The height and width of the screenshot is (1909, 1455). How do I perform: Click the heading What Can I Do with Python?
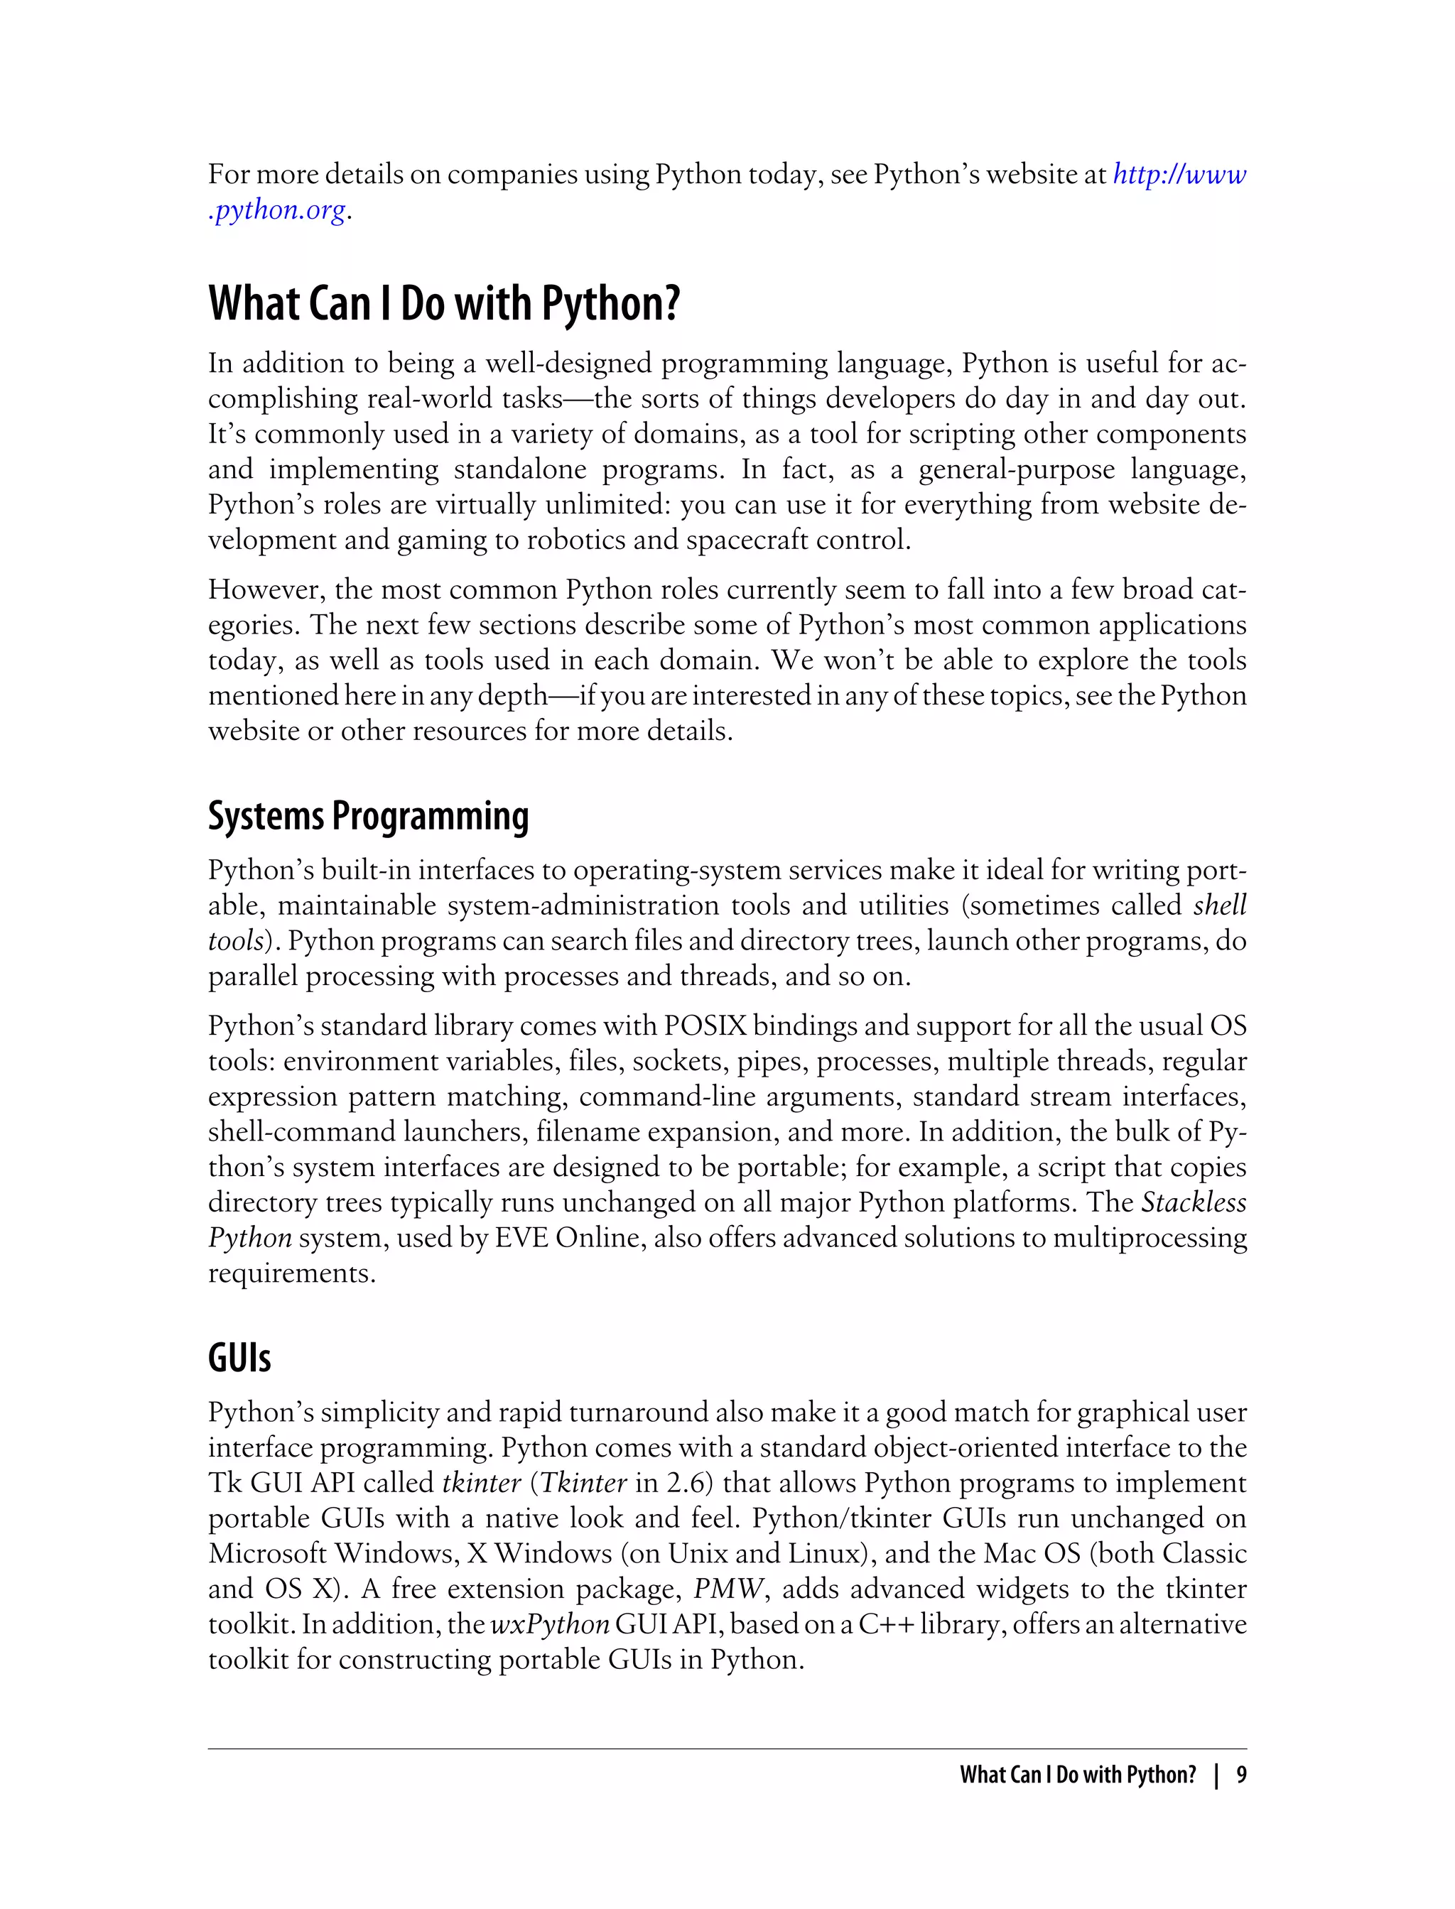click(x=444, y=304)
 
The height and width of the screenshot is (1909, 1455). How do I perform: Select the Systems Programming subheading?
click(x=368, y=817)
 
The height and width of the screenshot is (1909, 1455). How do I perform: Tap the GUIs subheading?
click(x=239, y=1357)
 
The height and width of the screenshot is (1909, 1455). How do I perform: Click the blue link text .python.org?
click(x=277, y=210)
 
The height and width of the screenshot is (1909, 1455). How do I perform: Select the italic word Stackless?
click(x=1194, y=1202)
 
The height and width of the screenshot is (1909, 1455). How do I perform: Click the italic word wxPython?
click(x=550, y=1624)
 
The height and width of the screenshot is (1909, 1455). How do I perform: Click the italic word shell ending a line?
click(x=1219, y=905)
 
